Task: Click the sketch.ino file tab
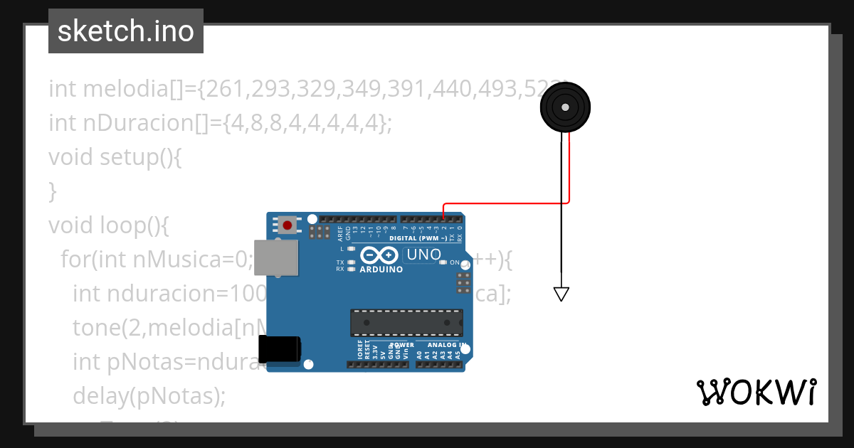coord(126,31)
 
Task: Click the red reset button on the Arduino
coord(287,225)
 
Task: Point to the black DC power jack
coord(279,350)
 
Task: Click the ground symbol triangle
coord(562,294)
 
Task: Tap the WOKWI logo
coord(756,392)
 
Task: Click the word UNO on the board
coord(423,255)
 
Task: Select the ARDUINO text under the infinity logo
coord(381,270)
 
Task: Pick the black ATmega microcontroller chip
coord(406,322)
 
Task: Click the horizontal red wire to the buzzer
coord(505,203)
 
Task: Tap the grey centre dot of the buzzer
coord(565,107)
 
